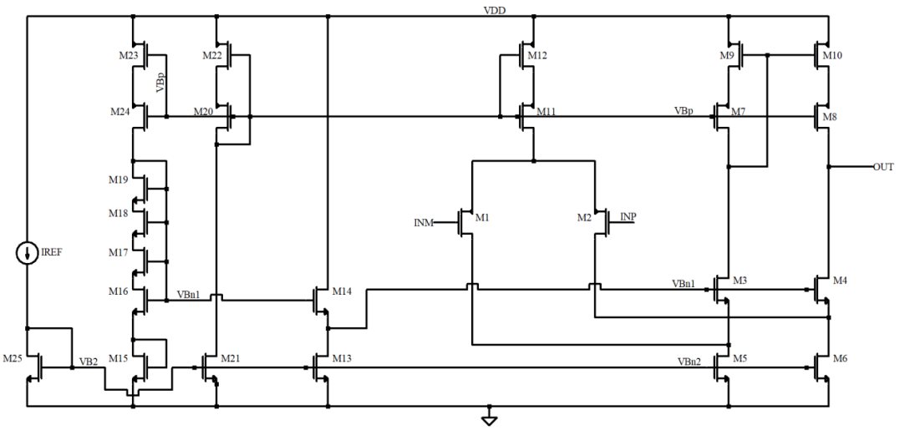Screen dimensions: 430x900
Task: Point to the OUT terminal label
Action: (x=883, y=167)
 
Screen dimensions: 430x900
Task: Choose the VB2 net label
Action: (x=89, y=362)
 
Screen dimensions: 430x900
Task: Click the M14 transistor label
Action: (x=343, y=291)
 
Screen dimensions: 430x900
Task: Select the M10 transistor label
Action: (x=832, y=55)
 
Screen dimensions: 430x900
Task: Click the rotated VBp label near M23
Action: (x=160, y=83)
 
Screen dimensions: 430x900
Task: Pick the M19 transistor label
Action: (x=118, y=179)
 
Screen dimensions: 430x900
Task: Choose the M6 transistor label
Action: (x=840, y=358)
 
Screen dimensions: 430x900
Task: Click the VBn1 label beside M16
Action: (x=189, y=295)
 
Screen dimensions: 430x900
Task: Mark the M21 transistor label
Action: (x=231, y=358)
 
